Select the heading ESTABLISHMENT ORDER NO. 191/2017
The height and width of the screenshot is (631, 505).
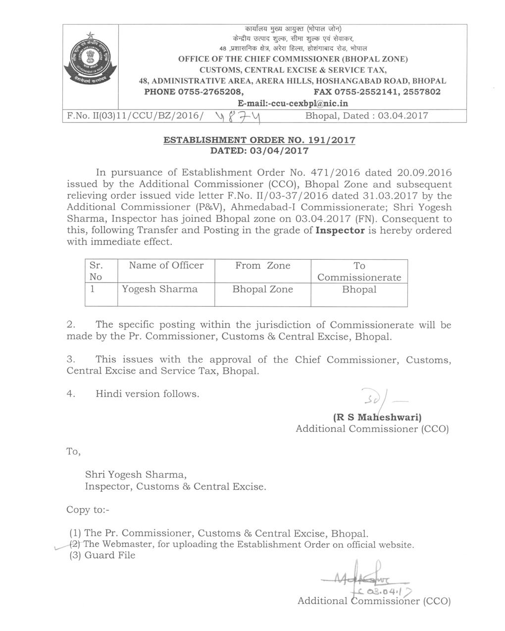point(259,140)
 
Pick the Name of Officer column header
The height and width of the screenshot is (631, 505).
point(166,266)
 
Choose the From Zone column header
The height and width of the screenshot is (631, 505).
point(262,266)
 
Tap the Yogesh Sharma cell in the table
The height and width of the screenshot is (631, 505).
point(160,289)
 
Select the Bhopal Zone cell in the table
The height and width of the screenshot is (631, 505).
point(262,289)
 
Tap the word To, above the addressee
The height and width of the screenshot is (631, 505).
point(73,452)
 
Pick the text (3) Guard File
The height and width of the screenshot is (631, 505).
point(102,556)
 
